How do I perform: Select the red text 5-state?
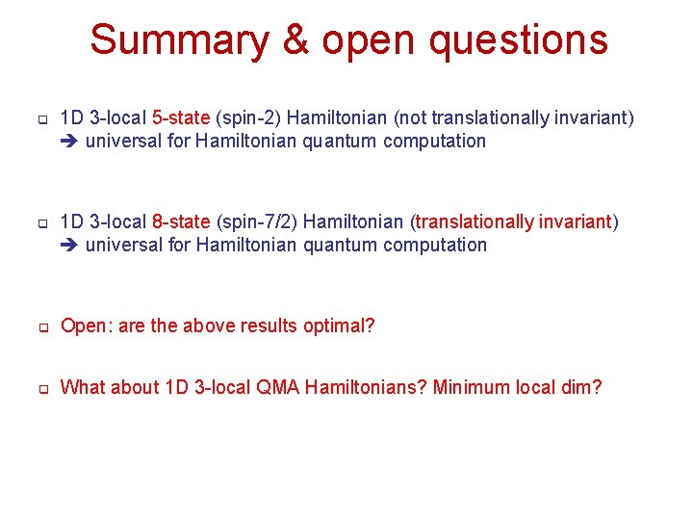pos(181,117)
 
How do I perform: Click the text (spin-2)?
pos(248,117)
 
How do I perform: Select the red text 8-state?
pos(181,221)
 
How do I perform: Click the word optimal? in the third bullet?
pos(341,325)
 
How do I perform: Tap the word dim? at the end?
pos(581,387)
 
